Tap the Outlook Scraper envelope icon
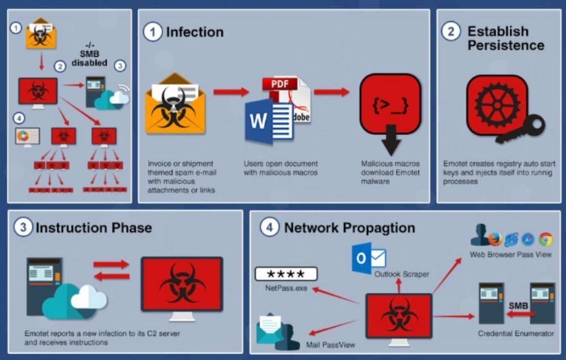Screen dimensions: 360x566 368,259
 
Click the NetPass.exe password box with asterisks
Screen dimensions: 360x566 286,274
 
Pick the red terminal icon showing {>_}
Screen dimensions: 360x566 390,105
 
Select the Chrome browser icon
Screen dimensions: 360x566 546,239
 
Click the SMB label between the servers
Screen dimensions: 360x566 518,305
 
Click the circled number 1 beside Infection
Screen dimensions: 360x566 152,32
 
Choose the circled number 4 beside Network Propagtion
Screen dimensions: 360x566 269,227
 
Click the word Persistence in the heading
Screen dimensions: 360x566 506,45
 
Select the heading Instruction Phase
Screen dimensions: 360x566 94,228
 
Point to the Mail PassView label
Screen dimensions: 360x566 331,345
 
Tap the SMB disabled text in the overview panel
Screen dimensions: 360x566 89,59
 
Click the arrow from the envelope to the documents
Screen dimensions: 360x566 231,92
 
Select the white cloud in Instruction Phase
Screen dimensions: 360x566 88,296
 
